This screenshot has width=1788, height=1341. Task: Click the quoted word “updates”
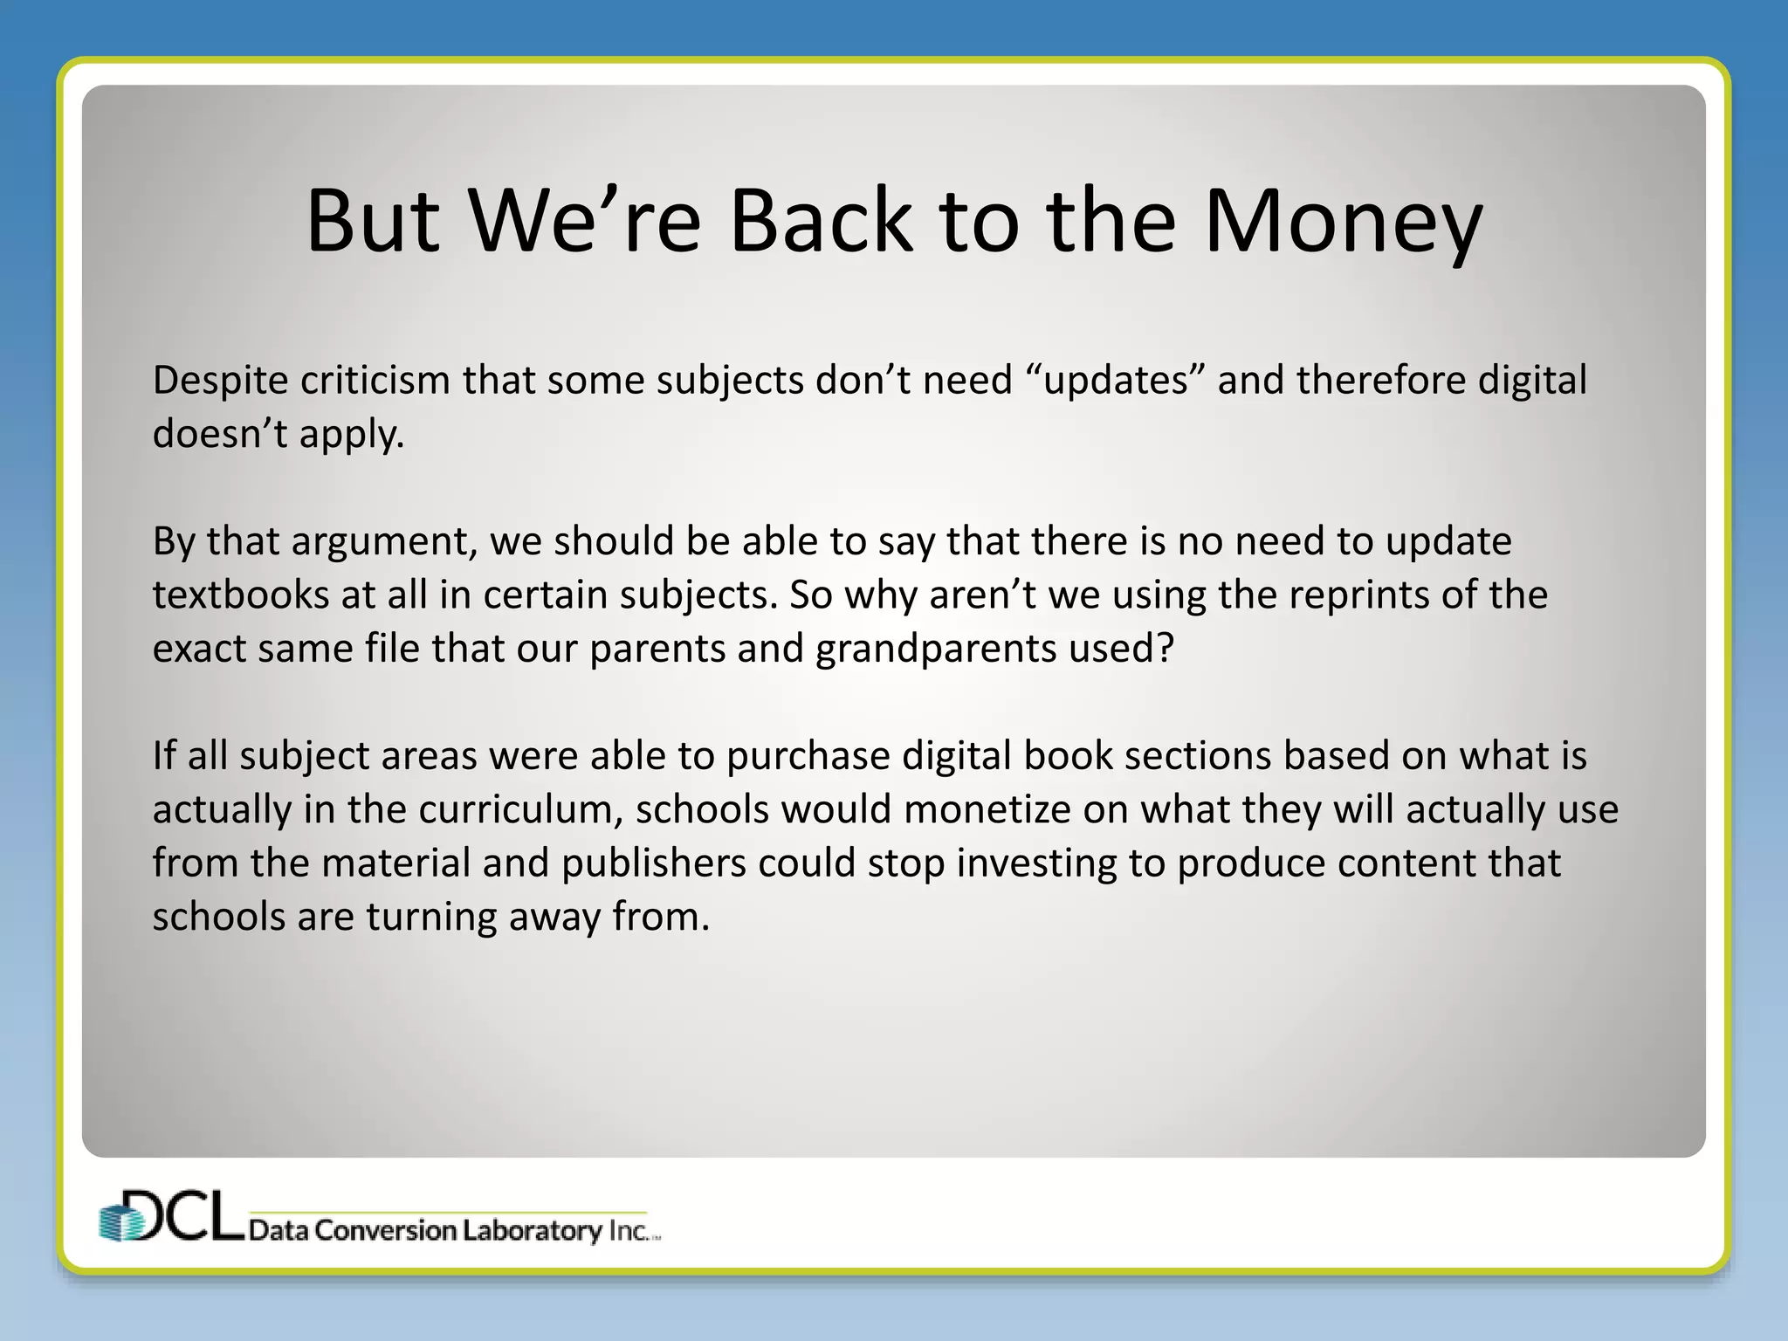(1116, 381)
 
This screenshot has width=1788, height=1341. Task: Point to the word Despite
(220, 381)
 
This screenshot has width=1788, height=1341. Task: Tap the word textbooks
(240, 595)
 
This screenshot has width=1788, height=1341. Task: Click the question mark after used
(1167, 648)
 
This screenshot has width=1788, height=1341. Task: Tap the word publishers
(654, 864)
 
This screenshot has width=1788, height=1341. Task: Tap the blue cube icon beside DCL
(120, 1221)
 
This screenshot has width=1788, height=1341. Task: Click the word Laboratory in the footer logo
(533, 1231)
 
